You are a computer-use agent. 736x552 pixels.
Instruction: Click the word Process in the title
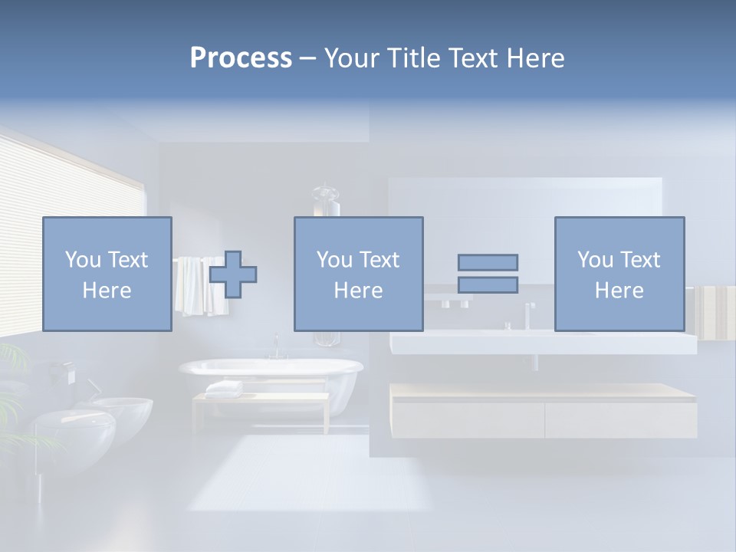click(x=241, y=58)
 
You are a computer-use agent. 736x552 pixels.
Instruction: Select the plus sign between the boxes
click(x=233, y=274)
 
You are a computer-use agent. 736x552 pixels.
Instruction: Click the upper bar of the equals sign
click(x=488, y=262)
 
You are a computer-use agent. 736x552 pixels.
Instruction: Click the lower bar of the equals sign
click(x=488, y=284)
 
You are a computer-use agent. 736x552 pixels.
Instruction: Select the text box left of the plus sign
click(x=107, y=274)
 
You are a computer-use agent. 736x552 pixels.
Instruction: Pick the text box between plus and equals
click(x=358, y=274)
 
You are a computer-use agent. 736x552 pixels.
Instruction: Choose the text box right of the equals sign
click(x=619, y=274)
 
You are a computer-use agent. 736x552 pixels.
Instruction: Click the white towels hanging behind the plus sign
click(x=192, y=287)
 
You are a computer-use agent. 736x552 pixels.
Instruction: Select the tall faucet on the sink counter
click(x=528, y=314)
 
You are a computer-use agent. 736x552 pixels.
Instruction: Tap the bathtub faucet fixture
click(x=276, y=349)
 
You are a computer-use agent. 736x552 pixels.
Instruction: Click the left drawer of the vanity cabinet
click(x=468, y=419)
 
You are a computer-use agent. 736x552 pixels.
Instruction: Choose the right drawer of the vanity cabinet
click(x=621, y=419)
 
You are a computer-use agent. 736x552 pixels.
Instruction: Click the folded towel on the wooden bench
click(x=224, y=388)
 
